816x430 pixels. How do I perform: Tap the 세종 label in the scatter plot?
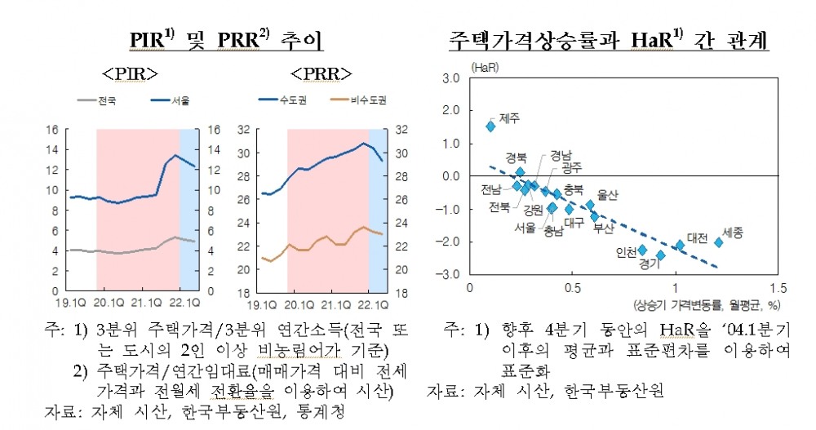[x=733, y=233]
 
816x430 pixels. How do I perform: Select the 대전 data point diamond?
[x=681, y=245]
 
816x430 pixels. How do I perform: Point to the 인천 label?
[x=626, y=252]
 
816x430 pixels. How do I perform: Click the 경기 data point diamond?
[x=661, y=255]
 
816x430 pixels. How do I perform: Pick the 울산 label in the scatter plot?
[x=608, y=195]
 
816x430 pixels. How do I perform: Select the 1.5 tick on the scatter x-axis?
[x=778, y=289]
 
